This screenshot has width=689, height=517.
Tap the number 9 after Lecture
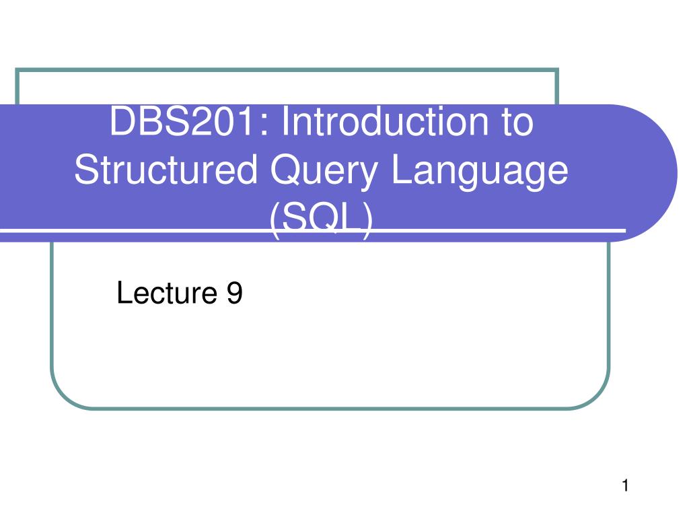[234, 294]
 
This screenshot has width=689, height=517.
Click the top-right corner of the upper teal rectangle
[557, 69]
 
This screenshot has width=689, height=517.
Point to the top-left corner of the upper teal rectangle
[17, 69]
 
